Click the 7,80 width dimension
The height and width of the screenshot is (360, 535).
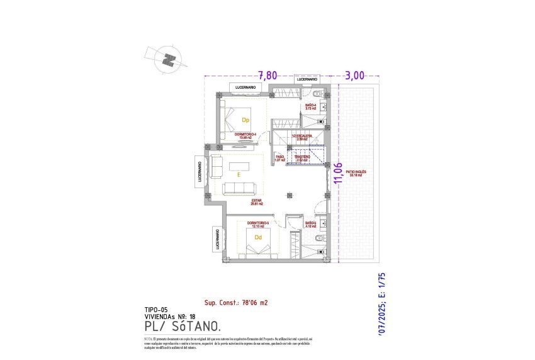pyautogui.click(x=267, y=75)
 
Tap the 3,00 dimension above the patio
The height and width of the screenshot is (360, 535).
pyautogui.click(x=354, y=75)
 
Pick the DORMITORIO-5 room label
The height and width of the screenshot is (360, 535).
pyautogui.click(x=258, y=224)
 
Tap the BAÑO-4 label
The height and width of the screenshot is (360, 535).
pyautogui.click(x=311, y=107)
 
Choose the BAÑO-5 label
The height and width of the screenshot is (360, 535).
pyautogui.click(x=310, y=224)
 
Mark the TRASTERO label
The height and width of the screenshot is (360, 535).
pyautogui.click(x=302, y=158)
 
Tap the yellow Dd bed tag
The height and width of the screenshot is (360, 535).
pyautogui.click(x=258, y=237)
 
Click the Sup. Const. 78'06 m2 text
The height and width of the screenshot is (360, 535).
pyautogui.click(x=236, y=303)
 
